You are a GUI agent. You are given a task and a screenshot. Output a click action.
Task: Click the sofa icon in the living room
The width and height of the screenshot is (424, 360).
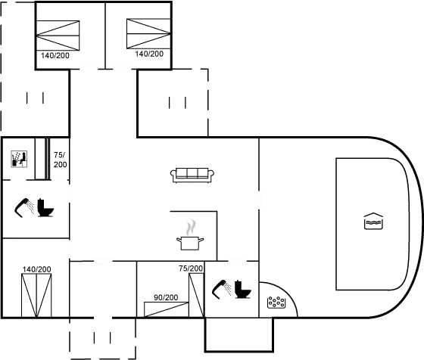pos(192,175)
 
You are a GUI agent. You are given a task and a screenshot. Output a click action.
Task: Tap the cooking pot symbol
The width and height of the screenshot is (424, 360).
pos(190,243)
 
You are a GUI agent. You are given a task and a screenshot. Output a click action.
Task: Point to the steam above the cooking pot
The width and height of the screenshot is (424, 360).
pos(191,227)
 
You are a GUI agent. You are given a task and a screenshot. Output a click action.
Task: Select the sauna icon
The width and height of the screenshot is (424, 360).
pos(19,159)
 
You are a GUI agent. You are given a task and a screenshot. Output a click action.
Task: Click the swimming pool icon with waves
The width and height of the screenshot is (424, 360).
pos(373,221)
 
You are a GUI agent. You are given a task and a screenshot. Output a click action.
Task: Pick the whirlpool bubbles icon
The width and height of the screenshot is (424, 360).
pos(276,303)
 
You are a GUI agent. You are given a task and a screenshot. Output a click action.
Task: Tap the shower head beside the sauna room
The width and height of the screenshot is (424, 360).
pos(24,208)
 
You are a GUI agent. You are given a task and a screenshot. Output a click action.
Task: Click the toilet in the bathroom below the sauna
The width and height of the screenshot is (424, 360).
pos(45,208)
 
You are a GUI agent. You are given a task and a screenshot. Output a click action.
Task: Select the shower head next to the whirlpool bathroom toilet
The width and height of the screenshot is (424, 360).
pos(222,290)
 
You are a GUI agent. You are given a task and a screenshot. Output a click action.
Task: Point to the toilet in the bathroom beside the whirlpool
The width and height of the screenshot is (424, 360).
pos(243,289)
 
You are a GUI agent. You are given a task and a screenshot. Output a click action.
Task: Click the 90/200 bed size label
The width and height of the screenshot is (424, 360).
pos(166,297)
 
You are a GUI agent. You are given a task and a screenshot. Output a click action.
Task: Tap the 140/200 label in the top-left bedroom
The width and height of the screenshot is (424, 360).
pos(55,56)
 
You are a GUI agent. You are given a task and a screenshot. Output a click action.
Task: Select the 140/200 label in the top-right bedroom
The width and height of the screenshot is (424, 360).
pos(149,54)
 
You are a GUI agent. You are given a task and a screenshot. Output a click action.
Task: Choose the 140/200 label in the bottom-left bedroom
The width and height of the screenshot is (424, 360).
pos(37,269)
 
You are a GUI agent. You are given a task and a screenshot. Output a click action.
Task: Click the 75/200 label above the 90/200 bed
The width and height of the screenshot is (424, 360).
pos(191,268)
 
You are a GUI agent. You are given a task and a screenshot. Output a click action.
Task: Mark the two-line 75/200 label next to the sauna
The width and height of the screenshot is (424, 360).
pos(60,160)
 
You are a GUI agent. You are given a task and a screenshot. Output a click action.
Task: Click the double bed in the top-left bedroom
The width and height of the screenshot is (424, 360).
pos(58,36)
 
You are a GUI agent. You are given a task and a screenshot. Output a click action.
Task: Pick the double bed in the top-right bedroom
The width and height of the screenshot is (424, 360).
pos(148,34)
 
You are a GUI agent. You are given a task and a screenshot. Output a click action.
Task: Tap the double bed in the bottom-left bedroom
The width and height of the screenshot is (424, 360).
pos(36,296)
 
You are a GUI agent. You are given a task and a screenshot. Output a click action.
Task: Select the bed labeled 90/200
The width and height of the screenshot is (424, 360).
pos(166,309)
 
